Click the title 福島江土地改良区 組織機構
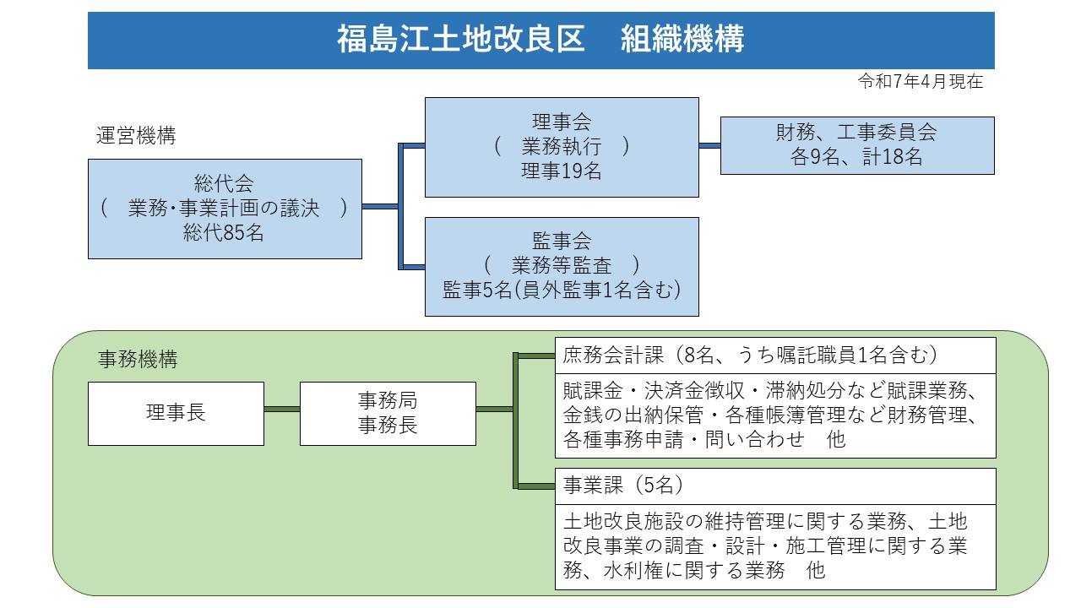540,40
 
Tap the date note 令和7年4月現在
921,82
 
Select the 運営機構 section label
136,136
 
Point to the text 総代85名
224,234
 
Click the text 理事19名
561,171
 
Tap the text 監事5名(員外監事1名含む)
561,290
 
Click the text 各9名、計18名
856,157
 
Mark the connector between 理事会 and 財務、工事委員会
709,145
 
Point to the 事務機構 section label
138,360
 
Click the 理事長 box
176,413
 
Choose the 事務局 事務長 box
387,413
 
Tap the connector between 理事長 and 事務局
281,410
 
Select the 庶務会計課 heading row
774,356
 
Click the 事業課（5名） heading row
774,486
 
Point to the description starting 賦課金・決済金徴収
774,415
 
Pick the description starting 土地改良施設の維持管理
774,546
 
